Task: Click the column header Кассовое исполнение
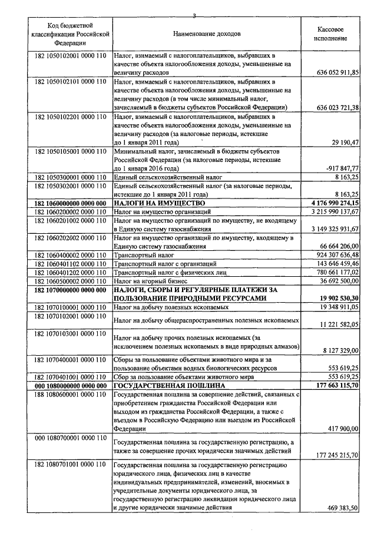coord(330,34)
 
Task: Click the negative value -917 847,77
coord(342,167)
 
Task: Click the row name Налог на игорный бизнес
coord(148,282)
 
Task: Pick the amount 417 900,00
coord(340,429)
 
